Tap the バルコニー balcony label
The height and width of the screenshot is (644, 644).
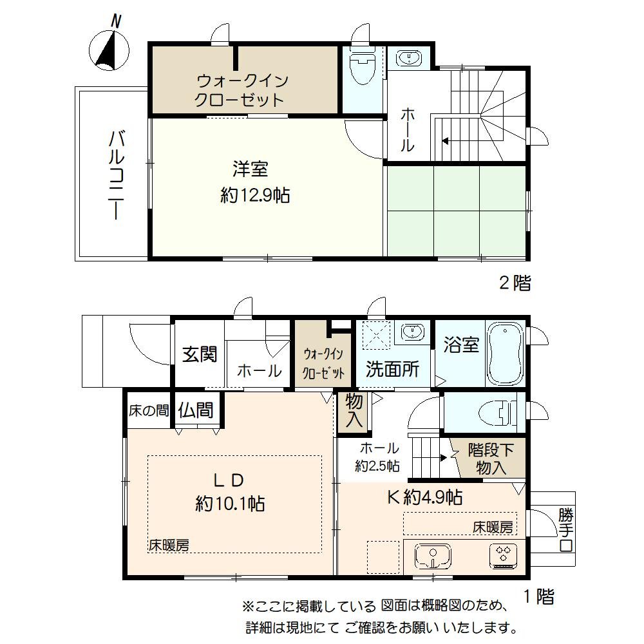[117, 175]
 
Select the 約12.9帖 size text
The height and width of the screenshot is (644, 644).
[254, 195]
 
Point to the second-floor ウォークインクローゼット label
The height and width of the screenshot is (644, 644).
[241, 90]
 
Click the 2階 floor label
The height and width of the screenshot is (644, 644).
[515, 283]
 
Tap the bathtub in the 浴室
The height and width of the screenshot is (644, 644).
[506, 354]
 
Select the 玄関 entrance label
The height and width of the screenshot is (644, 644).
[199, 354]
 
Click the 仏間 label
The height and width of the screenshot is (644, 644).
[196, 410]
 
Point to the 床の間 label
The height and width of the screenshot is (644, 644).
[147, 410]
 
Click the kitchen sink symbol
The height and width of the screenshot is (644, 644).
[431, 555]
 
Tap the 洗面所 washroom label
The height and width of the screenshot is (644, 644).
[393, 370]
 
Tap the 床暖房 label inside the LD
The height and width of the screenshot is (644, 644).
[169, 545]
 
